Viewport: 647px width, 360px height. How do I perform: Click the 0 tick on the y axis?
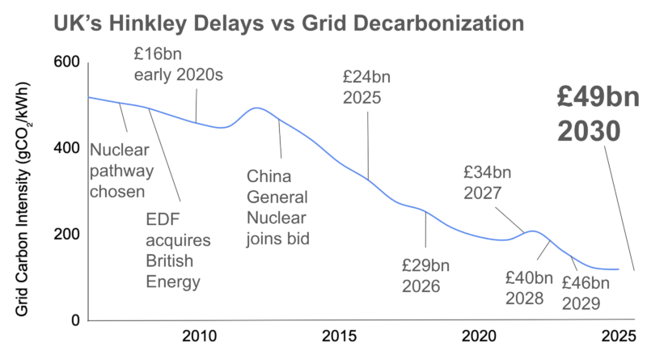(x=74, y=320)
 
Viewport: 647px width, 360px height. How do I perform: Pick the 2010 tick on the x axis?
(x=198, y=336)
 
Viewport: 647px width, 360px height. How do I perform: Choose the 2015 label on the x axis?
(x=338, y=336)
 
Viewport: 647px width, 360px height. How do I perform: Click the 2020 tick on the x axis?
(x=478, y=336)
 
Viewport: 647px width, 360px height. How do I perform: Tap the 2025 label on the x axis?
(x=618, y=336)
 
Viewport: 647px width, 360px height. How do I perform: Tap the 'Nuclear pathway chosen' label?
(x=117, y=171)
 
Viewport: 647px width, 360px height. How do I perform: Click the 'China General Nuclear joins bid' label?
(x=279, y=207)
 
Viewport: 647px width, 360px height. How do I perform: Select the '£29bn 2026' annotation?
(x=426, y=276)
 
